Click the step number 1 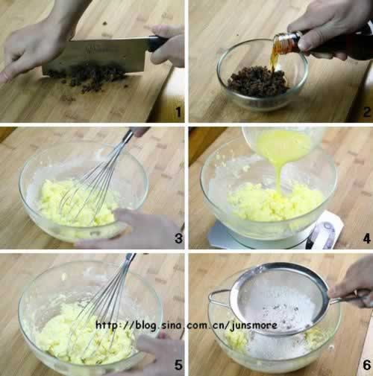[178, 112]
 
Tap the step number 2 [366, 112]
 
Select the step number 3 [178, 238]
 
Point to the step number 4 [366, 238]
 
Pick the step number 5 [178, 365]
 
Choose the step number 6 [366, 365]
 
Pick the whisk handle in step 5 [129, 261]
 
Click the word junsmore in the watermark [254, 325]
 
